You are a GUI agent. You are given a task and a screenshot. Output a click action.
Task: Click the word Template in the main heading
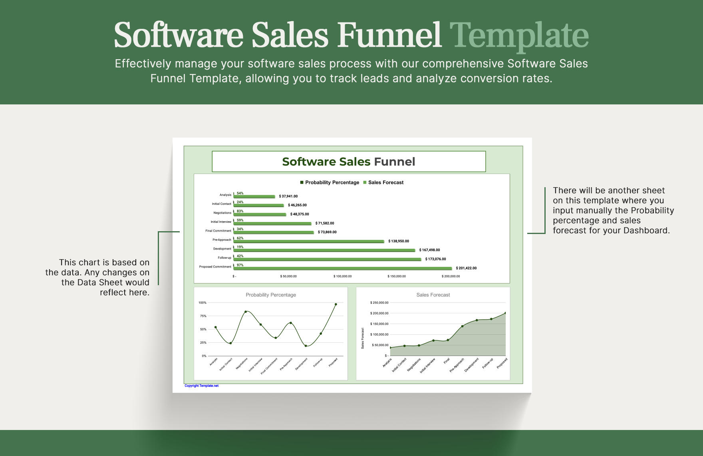[519, 35]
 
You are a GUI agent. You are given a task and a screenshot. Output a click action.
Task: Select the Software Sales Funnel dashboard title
[348, 162]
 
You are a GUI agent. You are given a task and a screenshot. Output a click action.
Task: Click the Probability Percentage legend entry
[330, 182]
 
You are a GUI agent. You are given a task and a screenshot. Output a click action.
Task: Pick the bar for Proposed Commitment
[343, 268]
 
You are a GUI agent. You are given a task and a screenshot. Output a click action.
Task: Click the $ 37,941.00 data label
[288, 196]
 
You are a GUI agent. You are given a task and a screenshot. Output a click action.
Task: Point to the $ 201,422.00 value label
[466, 268]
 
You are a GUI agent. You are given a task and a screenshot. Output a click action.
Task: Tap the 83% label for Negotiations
[240, 211]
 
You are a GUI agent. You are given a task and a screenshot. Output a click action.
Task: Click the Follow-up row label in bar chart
[224, 258]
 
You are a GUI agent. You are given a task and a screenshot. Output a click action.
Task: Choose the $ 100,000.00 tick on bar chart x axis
[343, 276]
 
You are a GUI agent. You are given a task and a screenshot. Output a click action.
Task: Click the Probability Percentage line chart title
[271, 295]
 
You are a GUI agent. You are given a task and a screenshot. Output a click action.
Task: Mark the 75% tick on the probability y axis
[203, 316]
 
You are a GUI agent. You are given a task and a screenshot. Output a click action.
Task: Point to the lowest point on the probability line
[306, 346]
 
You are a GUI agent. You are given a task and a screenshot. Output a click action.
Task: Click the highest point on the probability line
[336, 304]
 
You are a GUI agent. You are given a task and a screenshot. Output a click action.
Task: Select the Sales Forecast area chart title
[433, 295]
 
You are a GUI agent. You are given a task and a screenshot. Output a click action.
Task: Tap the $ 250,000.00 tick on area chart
[379, 303]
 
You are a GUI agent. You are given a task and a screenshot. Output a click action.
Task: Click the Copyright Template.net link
[201, 386]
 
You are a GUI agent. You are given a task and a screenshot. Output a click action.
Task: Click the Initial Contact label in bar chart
[222, 204]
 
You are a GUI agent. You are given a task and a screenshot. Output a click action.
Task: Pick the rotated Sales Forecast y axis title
[363, 338]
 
